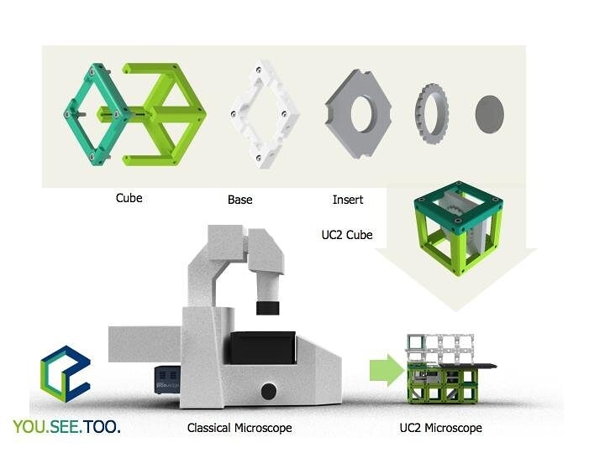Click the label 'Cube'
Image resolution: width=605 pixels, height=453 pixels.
129,198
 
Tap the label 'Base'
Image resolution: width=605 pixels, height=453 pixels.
239,200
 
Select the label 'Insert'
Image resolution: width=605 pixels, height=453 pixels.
348,200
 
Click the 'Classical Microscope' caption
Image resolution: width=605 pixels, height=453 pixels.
239,428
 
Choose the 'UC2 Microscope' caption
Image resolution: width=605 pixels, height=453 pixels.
441,428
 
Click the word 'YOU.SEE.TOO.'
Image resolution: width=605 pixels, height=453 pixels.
67,427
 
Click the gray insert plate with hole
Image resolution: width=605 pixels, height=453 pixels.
361,114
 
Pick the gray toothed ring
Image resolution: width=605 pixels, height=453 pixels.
431,113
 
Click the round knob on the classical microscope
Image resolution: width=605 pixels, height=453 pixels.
268,390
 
